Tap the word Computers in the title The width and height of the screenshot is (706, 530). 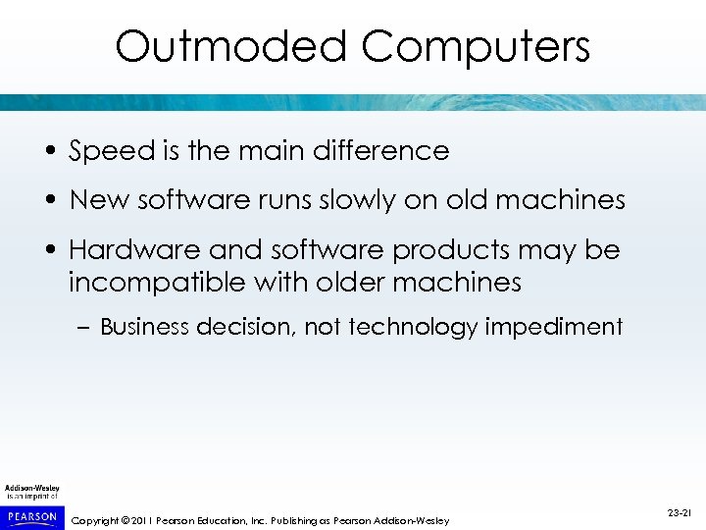point(476,46)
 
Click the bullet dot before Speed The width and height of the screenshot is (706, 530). point(48,152)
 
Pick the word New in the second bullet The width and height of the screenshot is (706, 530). point(95,200)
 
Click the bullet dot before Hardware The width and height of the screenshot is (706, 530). point(48,251)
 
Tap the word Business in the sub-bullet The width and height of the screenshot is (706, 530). point(144,327)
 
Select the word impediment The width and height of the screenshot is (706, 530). point(556,327)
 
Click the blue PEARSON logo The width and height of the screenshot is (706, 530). point(31,515)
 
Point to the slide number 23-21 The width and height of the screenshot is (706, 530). point(679,512)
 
